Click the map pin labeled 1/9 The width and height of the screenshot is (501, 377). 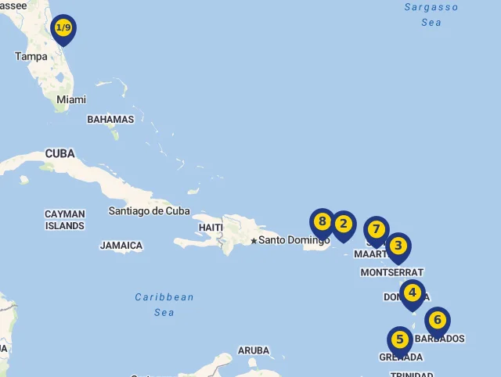(x=63, y=28)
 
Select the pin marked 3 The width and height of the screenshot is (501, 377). (x=398, y=246)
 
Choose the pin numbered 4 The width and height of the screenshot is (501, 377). (x=412, y=293)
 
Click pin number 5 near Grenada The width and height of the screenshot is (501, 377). (x=400, y=339)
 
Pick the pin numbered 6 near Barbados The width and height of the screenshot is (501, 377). (x=438, y=320)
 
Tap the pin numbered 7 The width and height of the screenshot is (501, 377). (x=377, y=230)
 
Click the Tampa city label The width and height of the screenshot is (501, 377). (x=31, y=56)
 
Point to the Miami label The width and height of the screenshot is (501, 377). (x=71, y=99)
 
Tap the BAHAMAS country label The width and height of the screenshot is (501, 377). (x=110, y=120)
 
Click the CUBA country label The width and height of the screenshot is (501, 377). (x=60, y=153)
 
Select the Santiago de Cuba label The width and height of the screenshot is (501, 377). (x=150, y=210)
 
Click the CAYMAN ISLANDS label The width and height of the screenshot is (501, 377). (x=65, y=220)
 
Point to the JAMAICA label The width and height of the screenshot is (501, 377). (x=121, y=246)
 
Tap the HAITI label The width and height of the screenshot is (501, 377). (x=211, y=227)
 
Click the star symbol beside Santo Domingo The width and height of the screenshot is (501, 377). (x=254, y=240)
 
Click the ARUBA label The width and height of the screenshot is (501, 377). (x=254, y=350)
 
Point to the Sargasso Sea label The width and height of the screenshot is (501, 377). (x=431, y=14)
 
